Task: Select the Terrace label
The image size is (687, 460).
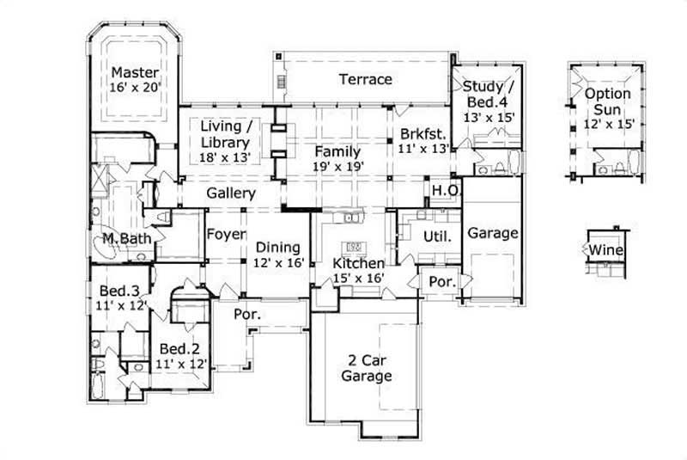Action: point(365,80)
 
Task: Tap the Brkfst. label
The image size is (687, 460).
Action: point(419,134)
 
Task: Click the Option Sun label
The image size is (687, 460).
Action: point(608,101)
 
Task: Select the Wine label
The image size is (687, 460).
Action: point(606,250)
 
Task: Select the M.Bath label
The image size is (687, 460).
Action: point(121,238)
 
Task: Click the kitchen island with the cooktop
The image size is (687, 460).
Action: point(353,233)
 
